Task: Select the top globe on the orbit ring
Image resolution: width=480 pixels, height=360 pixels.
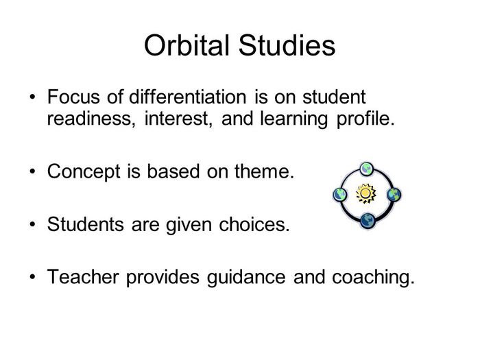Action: [x=367, y=169]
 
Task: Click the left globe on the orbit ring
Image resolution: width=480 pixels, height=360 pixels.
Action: [x=339, y=195]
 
